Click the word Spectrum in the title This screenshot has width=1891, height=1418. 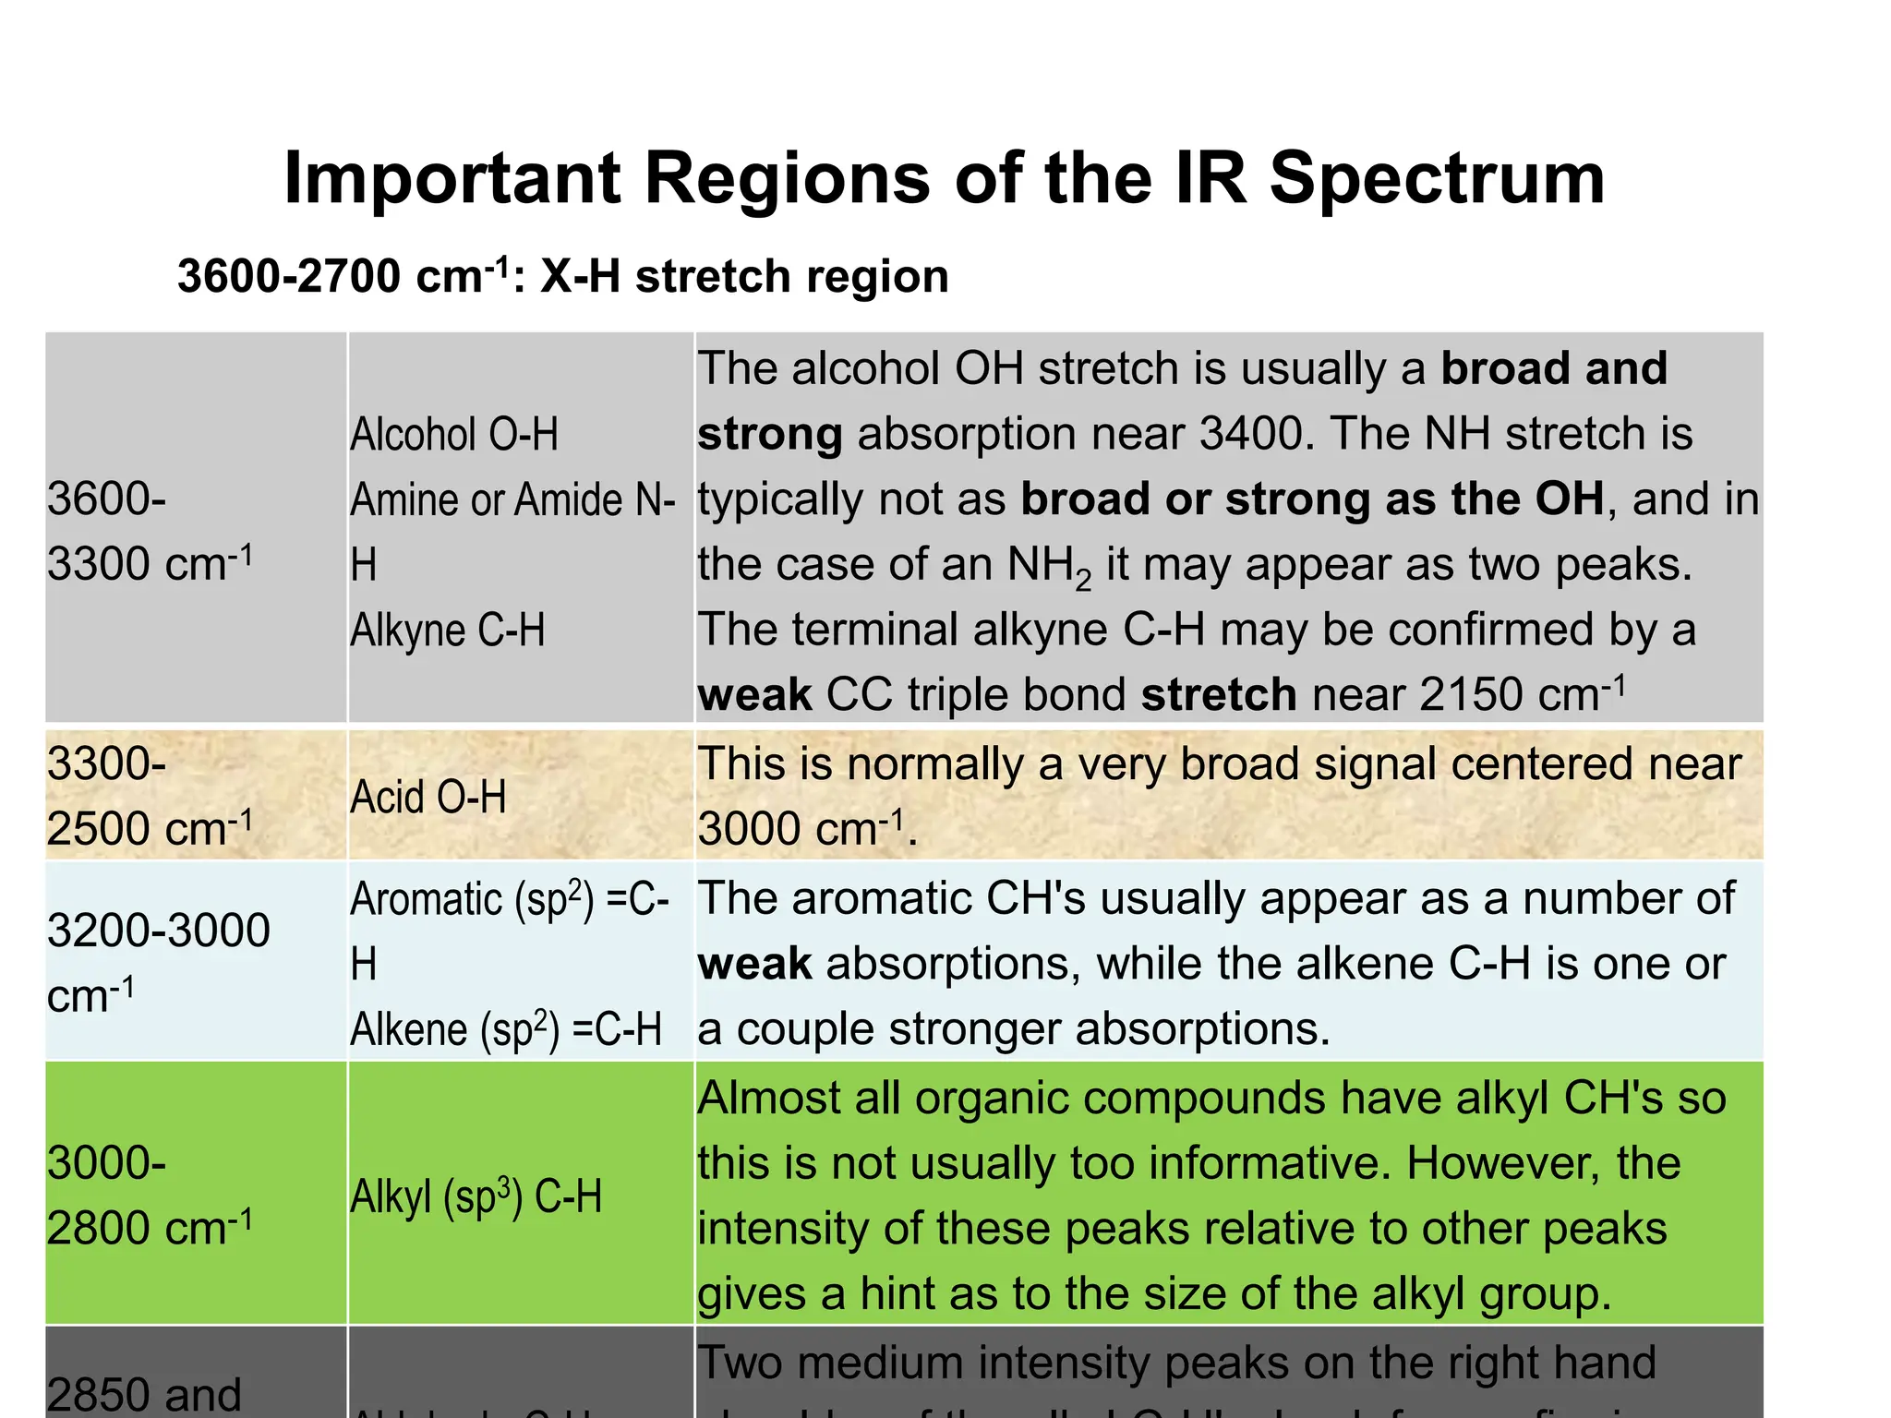coord(1437,179)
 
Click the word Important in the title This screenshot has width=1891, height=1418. coord(452,179)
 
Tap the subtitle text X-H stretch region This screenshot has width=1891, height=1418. coord(744,276)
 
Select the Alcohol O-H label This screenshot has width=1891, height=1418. coord(454,434)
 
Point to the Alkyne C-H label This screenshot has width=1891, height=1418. coord(448,631)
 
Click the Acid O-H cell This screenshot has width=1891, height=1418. coord(428,797)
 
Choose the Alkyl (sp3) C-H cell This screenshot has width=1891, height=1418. coord(476,1196)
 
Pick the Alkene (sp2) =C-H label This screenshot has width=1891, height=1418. coord(506,1029)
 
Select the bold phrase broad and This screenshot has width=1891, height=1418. coord(1554,368)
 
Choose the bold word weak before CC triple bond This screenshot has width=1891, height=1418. coord(754,695)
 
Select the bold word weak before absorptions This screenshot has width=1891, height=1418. coord(754,964)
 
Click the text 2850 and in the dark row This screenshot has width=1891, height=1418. coord(144,1394)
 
